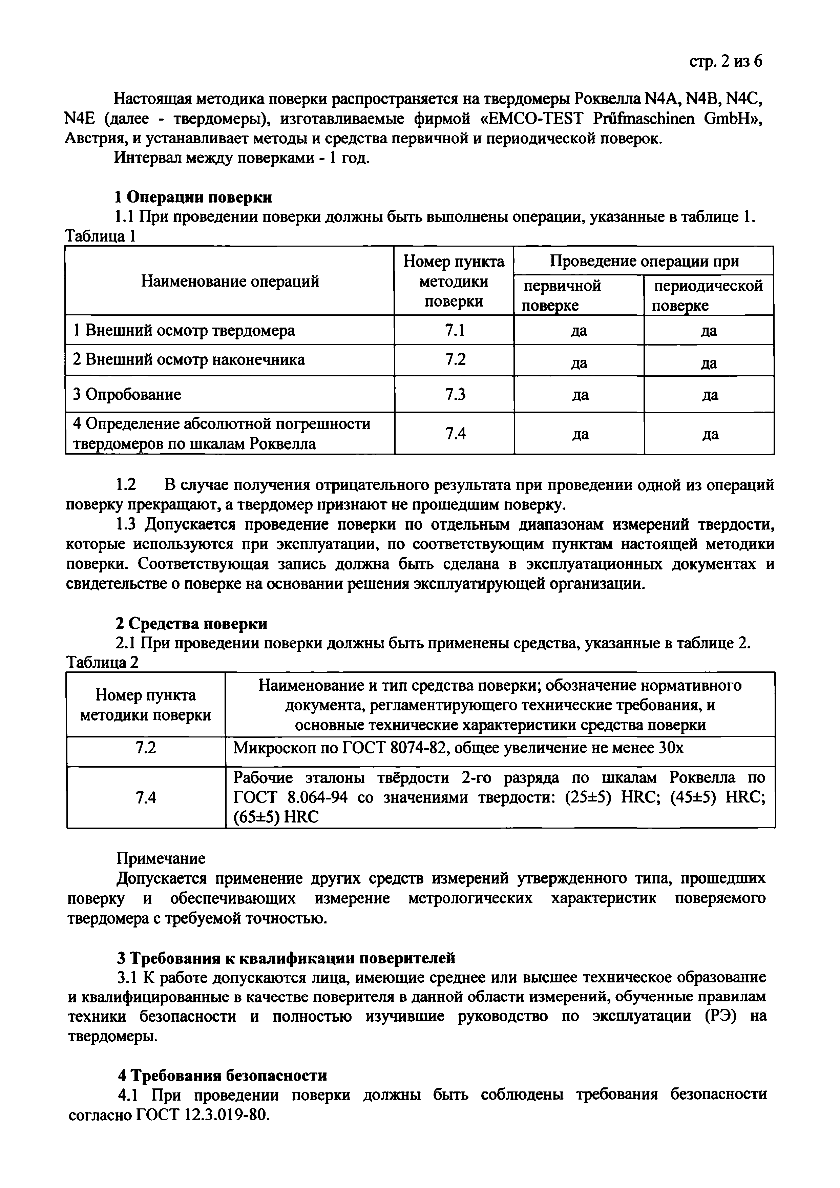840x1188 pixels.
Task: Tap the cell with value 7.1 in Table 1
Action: coord(454,330)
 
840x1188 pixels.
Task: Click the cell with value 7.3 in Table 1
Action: coord(454,394)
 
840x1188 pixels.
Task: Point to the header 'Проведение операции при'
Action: coord(644,261)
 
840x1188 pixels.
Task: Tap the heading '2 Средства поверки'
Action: coord(190,624)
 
